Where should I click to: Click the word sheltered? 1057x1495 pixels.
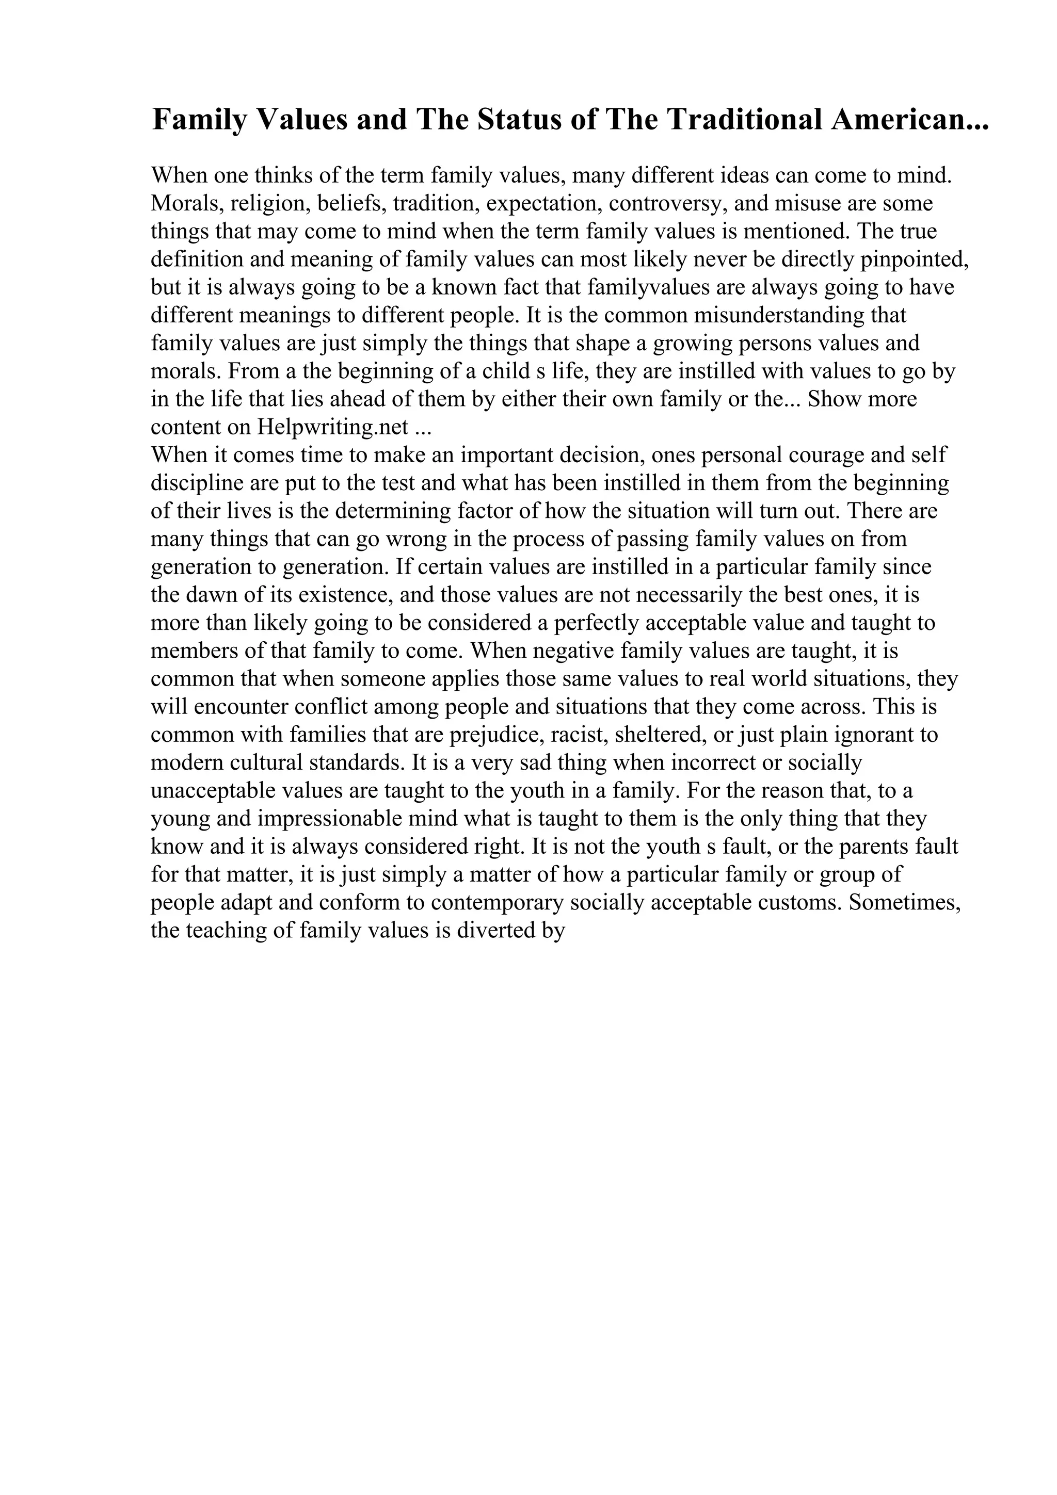(661, 735)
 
